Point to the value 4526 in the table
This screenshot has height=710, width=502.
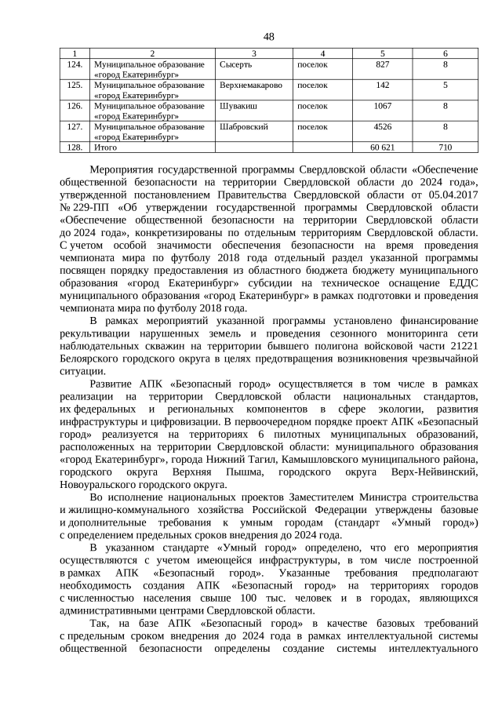point(383,126)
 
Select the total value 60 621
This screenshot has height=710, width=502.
point(382,147)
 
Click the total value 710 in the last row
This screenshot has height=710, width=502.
point(446,147)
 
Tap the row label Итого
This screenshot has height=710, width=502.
point(105,147)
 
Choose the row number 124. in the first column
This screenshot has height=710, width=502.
point(75,64)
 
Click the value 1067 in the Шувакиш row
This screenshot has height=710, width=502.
point(383,104)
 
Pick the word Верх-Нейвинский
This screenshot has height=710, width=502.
point(435,472)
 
